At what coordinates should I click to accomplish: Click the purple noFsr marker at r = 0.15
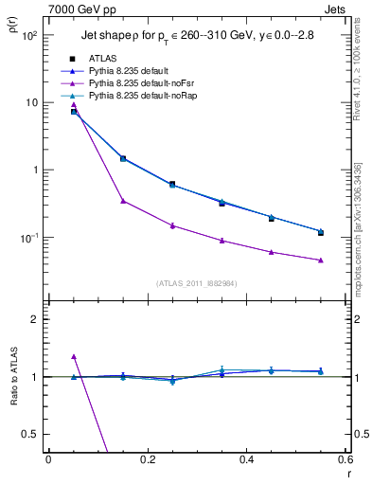123,201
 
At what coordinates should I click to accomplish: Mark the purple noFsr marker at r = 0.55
320,260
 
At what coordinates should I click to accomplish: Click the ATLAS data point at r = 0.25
172,184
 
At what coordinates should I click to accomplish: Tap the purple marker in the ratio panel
74,357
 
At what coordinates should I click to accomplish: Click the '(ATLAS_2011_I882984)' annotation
196,283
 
